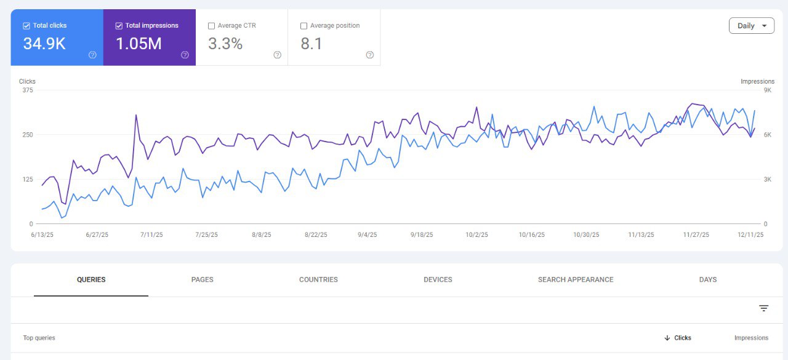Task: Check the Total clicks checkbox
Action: tap(26, 26)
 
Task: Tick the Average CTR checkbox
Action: tap(211, 26)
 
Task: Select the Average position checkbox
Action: tap(304, 26)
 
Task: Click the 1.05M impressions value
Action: tap(139, 44)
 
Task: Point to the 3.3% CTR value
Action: tap(225, 44)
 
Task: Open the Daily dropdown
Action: tap(752, 26)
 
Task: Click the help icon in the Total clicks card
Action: tap(92, 55)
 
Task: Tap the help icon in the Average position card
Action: tap(370, 55)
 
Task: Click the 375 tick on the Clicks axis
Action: tap(28, 90)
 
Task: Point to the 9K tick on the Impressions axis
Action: tap(767, 90)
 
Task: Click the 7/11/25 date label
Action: tap(151, 234)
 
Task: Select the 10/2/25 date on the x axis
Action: tap(476, 234)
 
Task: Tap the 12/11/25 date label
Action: tap(750, 234)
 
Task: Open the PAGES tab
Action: tap(203, 279)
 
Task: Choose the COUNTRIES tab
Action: tap(318, 279)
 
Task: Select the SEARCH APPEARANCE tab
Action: tap(576, 279)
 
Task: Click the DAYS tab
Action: tap(708, 279)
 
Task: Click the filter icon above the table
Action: tap(763, 308)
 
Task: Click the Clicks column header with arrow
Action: tap(678, 338)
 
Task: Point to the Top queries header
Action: tap(39, 338)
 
